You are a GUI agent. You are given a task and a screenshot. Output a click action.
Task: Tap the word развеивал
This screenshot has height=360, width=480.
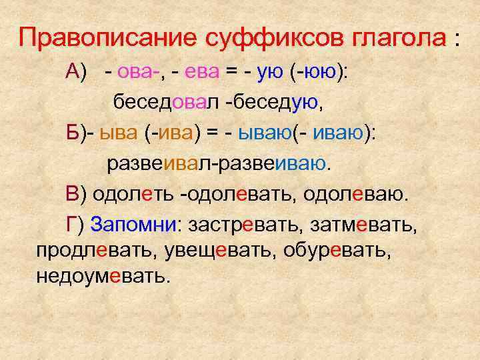[x=156, y=163]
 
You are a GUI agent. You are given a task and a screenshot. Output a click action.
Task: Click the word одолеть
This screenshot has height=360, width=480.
[x=132, y=194]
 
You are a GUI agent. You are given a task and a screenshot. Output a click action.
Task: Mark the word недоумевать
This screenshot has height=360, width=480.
[x=103, y=275]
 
